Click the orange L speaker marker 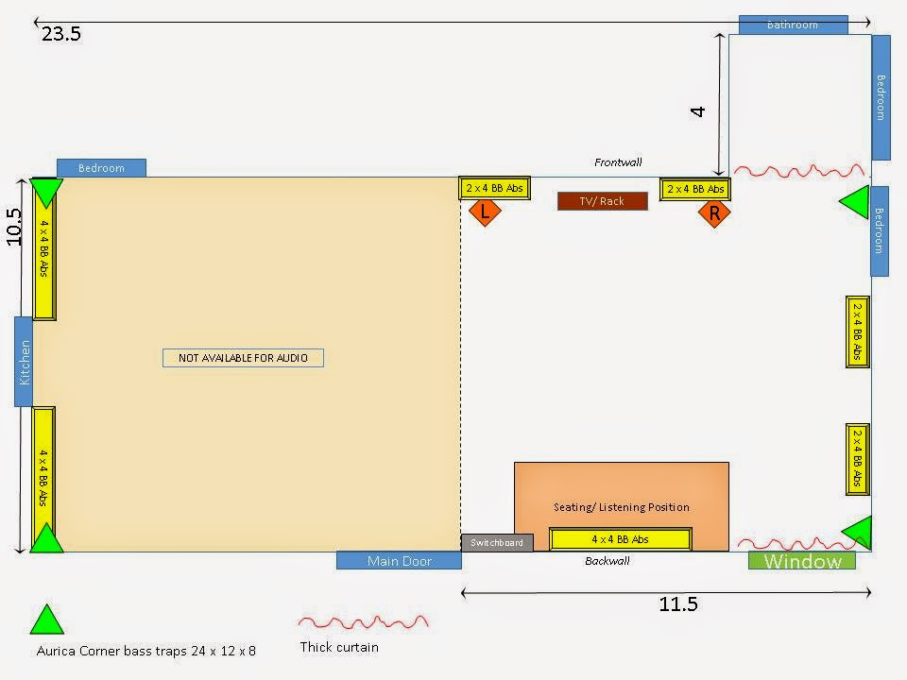point(485,212)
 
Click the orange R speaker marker point(714,213)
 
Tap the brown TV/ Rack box point(603,201)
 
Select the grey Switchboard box point(497,542)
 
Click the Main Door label point(399,561)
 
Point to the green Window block point(801,561)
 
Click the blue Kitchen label point(24,361)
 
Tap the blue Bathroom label point(792,25)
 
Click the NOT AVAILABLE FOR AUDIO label point(243,358)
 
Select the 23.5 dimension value point(61,35)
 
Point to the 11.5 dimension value point(677,604)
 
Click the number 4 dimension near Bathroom point(698,110)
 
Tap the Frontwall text point(618,162)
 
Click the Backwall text point(607,561)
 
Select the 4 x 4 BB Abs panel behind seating point(621,539)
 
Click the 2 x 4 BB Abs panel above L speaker point(494,188)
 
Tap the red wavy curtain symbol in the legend point(363,622)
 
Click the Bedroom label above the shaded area point(101,168)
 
